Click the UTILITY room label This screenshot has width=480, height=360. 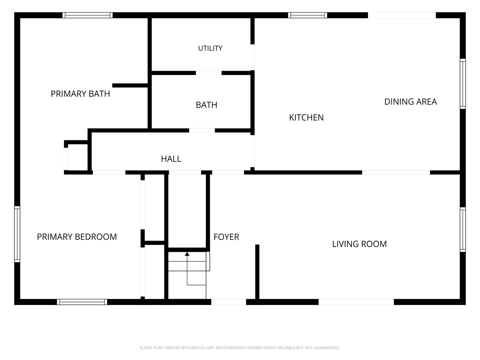coord(210,48)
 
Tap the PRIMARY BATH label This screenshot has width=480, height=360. coord(80,94)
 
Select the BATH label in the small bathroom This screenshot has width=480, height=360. coord(206,105)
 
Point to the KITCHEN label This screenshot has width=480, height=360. coord(306,118)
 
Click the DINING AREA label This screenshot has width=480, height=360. coord(410,102)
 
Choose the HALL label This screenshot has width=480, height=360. coord(171,159)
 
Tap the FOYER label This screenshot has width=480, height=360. coord(226,237)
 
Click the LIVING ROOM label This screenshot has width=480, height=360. coord(359,244)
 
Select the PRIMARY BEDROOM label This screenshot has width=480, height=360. coord(77,237)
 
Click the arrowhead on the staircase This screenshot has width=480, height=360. coord(187,254)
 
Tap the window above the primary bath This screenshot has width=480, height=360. coord(87,15)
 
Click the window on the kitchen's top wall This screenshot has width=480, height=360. coord(307,15)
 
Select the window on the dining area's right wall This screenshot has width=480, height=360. coord(463,84)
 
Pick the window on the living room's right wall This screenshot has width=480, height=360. coord(463,230)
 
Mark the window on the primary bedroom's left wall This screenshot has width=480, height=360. coord(17,234)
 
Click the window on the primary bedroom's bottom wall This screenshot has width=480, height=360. coord(82,302)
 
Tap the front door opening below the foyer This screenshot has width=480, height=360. coord(229,302)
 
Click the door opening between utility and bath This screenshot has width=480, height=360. coord(209,73)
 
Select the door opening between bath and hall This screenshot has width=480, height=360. coord(202,130)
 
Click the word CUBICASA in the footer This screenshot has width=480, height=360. coord(196,348)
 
